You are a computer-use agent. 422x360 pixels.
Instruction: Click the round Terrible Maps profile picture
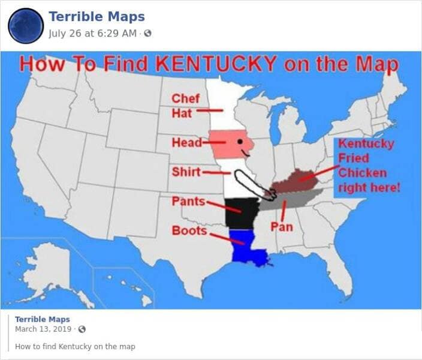[x=25, y=25]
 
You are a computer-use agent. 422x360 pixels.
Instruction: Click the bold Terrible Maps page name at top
[x=96, y=16]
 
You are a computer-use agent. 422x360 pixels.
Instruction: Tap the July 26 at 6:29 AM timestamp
[x=94, y=32]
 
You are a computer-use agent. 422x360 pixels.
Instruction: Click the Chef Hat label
[x=182, y=106]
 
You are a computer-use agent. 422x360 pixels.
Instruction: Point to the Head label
[x=183, y=143]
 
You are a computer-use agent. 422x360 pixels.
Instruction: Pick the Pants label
[x=188, y=200]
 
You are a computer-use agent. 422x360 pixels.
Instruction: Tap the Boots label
[x=189, y=230]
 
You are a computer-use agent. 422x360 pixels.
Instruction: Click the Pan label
[x=281, y=226]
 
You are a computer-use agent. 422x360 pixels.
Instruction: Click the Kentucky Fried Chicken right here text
[x=367, y=166]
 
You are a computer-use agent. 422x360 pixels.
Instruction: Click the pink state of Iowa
[x=231, y=144]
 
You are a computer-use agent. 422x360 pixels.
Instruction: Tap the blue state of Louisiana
[x=247, y=252]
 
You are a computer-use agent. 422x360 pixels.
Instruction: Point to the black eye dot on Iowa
[x=239, y=142]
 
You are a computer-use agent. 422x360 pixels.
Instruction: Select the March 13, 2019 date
[x=44, y=329]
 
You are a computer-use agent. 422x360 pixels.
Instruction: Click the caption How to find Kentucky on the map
[x=75, y=346]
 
